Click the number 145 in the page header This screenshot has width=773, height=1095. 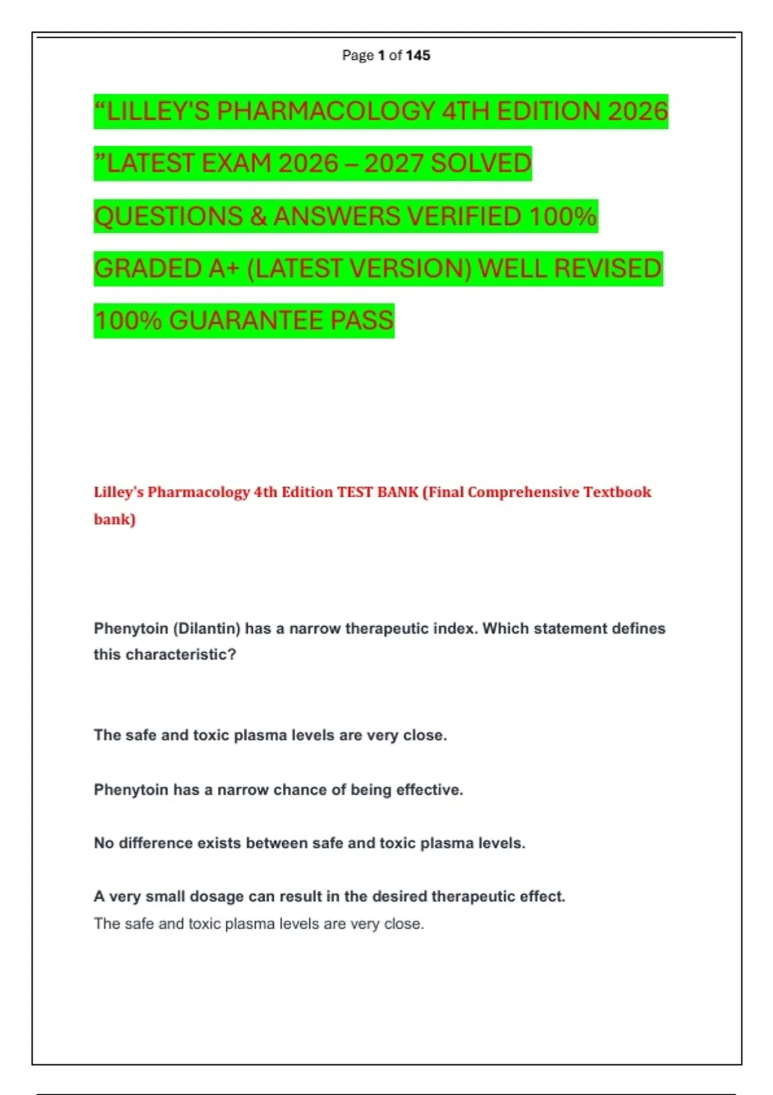(x=418, y=55)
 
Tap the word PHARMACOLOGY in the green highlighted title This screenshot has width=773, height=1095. (x=326, y=111)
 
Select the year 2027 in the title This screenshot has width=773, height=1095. (x=394, y=164)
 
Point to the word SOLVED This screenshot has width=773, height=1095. (x=481, y=164)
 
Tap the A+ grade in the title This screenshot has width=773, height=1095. (x=224, y=269)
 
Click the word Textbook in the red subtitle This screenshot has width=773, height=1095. (x=617, y=492)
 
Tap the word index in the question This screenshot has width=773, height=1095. (x=455, y=629)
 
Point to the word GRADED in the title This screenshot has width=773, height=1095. (x=148, y=269)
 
